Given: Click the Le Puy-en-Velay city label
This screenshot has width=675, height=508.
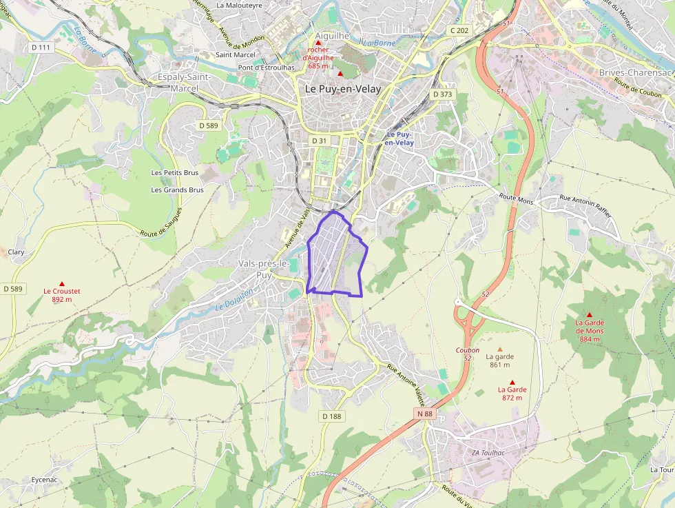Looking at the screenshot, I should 343,89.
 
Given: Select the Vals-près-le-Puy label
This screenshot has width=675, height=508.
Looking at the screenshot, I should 263,269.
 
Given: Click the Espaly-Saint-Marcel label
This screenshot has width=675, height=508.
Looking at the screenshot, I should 184,82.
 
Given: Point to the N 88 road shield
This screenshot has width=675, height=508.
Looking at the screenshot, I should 425,413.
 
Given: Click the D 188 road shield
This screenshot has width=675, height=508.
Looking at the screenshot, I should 332,416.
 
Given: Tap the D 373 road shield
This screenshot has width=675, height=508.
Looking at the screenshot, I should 442,94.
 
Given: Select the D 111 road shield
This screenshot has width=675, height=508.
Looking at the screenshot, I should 41,47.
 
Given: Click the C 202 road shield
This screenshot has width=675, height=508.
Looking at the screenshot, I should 459,30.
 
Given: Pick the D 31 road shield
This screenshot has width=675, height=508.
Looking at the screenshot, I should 319,141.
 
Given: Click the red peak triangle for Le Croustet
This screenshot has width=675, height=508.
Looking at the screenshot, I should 62,283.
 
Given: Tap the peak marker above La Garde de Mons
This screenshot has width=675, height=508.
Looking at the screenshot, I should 589,314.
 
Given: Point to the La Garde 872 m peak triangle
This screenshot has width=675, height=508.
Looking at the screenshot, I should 512,382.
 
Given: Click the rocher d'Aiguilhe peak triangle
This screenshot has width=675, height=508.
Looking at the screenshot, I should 318,43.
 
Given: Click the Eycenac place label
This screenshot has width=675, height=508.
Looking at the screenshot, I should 45,480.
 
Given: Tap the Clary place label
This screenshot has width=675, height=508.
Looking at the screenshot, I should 16,252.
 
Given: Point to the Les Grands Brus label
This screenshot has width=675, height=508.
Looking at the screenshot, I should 178,190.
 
